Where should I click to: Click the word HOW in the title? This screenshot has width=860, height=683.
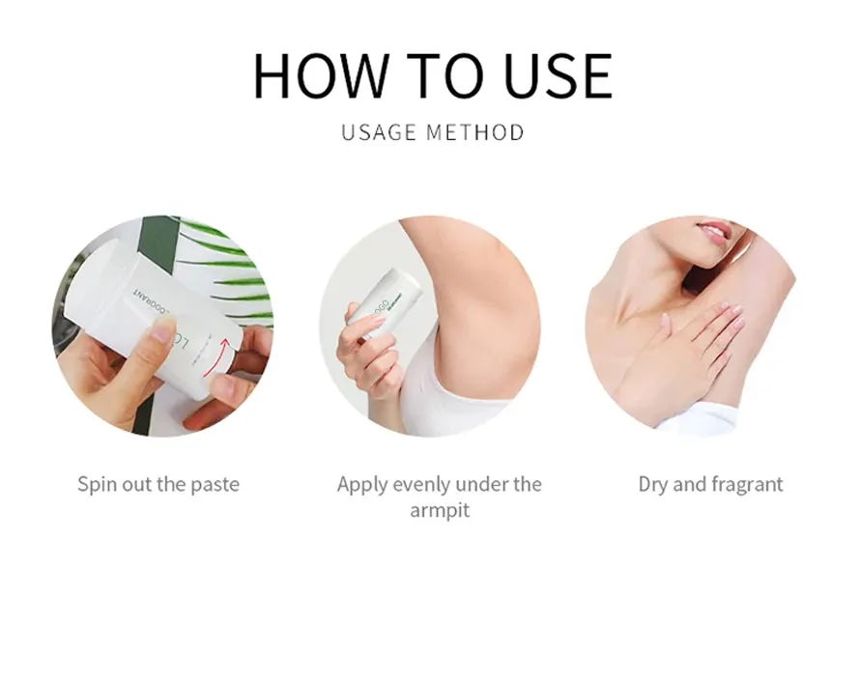pyautogui.click(x=322, y=75)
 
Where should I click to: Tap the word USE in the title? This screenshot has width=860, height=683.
pyautogui.click(x=558, y=75)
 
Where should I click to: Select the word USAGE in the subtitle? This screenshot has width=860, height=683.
pyautogui.click(x=379, y=132)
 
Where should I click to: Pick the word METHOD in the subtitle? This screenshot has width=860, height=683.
pyautogui.click(x=475, y=132)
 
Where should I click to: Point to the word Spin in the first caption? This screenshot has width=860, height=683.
pyautogui.click(x=97, y=485)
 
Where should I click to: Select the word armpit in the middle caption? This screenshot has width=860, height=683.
pyautogui.click(x=440, y=511)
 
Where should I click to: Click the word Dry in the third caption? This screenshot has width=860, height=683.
pyautogui.click(x=652, y=485)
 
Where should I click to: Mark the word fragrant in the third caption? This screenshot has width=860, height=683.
pyautogui.click(x=747, y=485)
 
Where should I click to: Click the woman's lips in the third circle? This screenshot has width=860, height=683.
pyautogui.click(x=714, y=231)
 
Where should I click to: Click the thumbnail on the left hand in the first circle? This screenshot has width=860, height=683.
pyautogui.click(x=163, y=330)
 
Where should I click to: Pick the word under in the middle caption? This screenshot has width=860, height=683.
pyautogui.click(x=481, y=485)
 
